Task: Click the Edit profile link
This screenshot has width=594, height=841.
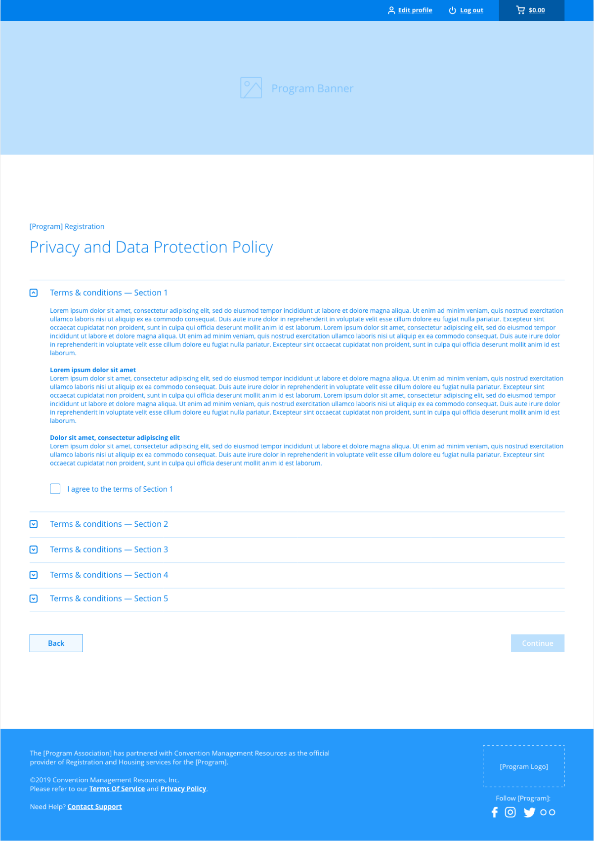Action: (415, 10)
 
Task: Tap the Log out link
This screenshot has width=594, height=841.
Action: (471, 10)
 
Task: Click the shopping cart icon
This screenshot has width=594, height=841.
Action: (520, 10)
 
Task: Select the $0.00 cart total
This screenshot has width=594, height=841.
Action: (537, 10)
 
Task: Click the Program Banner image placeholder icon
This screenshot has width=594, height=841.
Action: (251, 88)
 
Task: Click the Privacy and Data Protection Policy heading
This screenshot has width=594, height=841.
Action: (151, 247)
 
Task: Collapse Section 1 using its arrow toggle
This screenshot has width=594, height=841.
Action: (34, 293)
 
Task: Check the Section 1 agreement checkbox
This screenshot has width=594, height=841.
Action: (55, 489)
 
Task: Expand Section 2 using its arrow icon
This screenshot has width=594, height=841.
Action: (34, 524)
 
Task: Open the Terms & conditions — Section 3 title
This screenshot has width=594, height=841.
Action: (109, 549)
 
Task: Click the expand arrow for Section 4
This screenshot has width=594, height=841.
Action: (34, 575)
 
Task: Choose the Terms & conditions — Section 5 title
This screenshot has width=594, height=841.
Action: (109, 599)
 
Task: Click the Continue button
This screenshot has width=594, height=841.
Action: (537, 643)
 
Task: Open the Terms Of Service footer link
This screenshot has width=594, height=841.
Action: (117, 789)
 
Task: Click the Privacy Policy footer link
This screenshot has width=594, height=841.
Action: (183, 789)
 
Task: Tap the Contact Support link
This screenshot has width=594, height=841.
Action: (94, 807)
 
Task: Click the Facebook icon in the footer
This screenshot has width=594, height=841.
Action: (495, 812)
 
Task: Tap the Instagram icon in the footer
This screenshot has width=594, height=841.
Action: (510, 812)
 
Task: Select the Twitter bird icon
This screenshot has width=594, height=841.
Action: (529, 812)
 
